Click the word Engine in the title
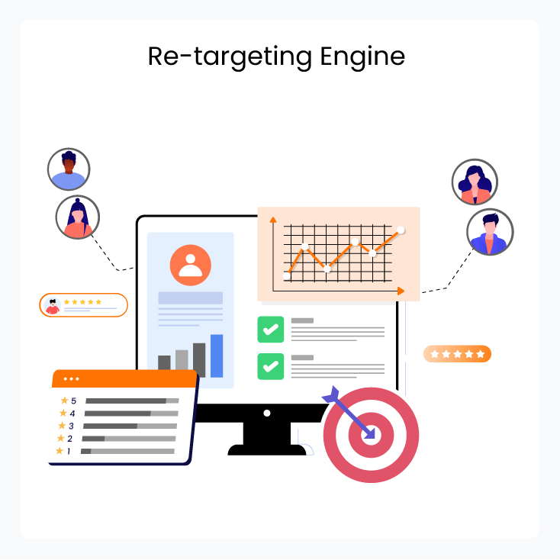coord(362,57)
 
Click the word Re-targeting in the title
coord(230,57)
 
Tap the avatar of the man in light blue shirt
coord(69,169)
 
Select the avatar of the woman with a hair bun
coord(78,217)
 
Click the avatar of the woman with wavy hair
coord(475,182)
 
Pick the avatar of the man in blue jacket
coord(490,232)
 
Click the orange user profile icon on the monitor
coord(191,265)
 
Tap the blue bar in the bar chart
coord(217,356)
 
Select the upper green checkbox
coord(271,330)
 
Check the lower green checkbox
coord(271,366)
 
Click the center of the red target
coord(371,435)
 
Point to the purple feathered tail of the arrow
coord(331,394)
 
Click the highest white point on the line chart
coord(401,230)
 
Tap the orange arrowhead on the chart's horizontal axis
coord(401,291)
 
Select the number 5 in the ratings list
coord(73,401)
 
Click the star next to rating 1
coord(60,451)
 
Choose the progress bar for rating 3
coord(130,426)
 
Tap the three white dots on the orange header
coord(71,379)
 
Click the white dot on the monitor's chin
coord(267,414)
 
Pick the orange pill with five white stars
coord(457,354)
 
